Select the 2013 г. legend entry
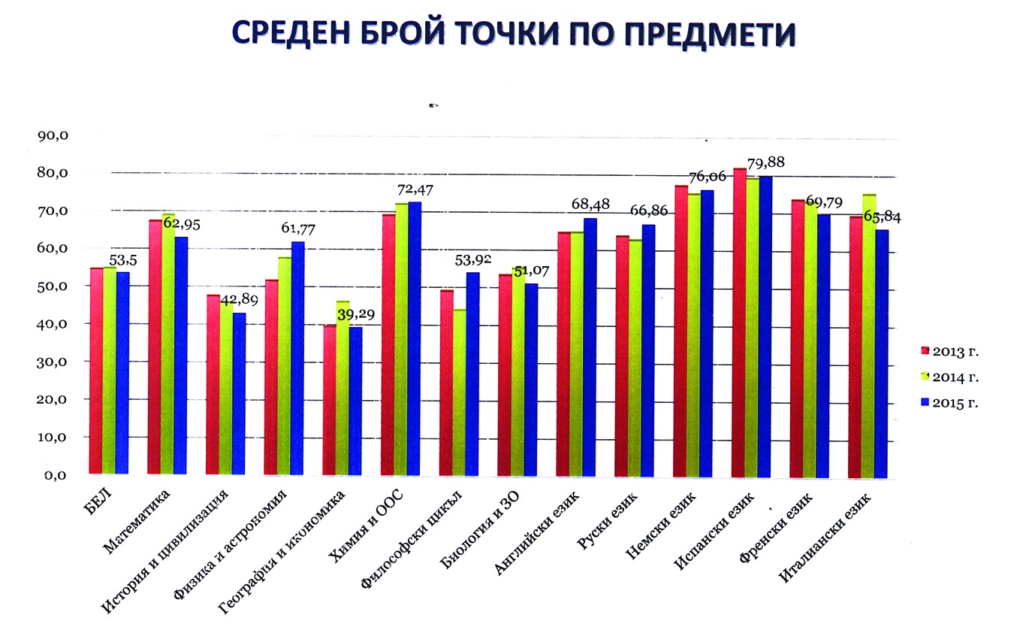pyautogui.click(x=949, y=351)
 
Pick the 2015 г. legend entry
pyautogui.click(x=949, y=403)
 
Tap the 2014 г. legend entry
pyautogui.click(x=949, y=377)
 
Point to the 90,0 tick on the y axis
pyautogui.click(x=52, y=136)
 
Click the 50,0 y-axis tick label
pyautogui.click(x=52, y=286)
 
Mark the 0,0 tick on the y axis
pyautogui.click(x=55, y=475)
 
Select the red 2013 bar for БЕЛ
pyautogui.click(x=96, y=371)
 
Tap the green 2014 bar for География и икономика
pyautogui.click(x=343, y=388)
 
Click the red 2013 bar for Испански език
pyautogui.click(x=739, y=323)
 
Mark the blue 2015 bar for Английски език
pyautogui.click(x=590, y=347)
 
